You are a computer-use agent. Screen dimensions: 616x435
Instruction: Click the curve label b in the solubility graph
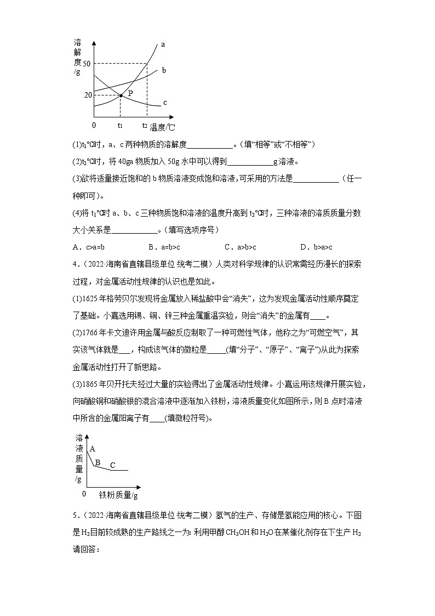point(164,70)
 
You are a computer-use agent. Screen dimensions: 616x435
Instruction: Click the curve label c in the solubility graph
point(165,103)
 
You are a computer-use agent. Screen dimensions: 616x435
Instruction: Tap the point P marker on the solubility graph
point(121,96)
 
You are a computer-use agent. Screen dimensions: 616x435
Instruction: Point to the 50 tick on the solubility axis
point(86,64)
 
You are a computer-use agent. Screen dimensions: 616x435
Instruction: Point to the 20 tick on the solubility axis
point(87,95)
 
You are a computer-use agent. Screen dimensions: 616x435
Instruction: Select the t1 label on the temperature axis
point(120,126)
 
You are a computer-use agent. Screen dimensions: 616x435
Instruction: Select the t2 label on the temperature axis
point(145,126)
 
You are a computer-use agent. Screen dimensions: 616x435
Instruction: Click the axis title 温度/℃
point(163,127)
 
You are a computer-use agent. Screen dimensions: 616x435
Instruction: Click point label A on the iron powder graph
point(92,448)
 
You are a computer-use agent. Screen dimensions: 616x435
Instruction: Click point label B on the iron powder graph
point(98,462)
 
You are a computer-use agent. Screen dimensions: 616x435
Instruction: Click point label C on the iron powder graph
point(113,465)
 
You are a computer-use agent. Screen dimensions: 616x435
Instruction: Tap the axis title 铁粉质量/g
point(118,495)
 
